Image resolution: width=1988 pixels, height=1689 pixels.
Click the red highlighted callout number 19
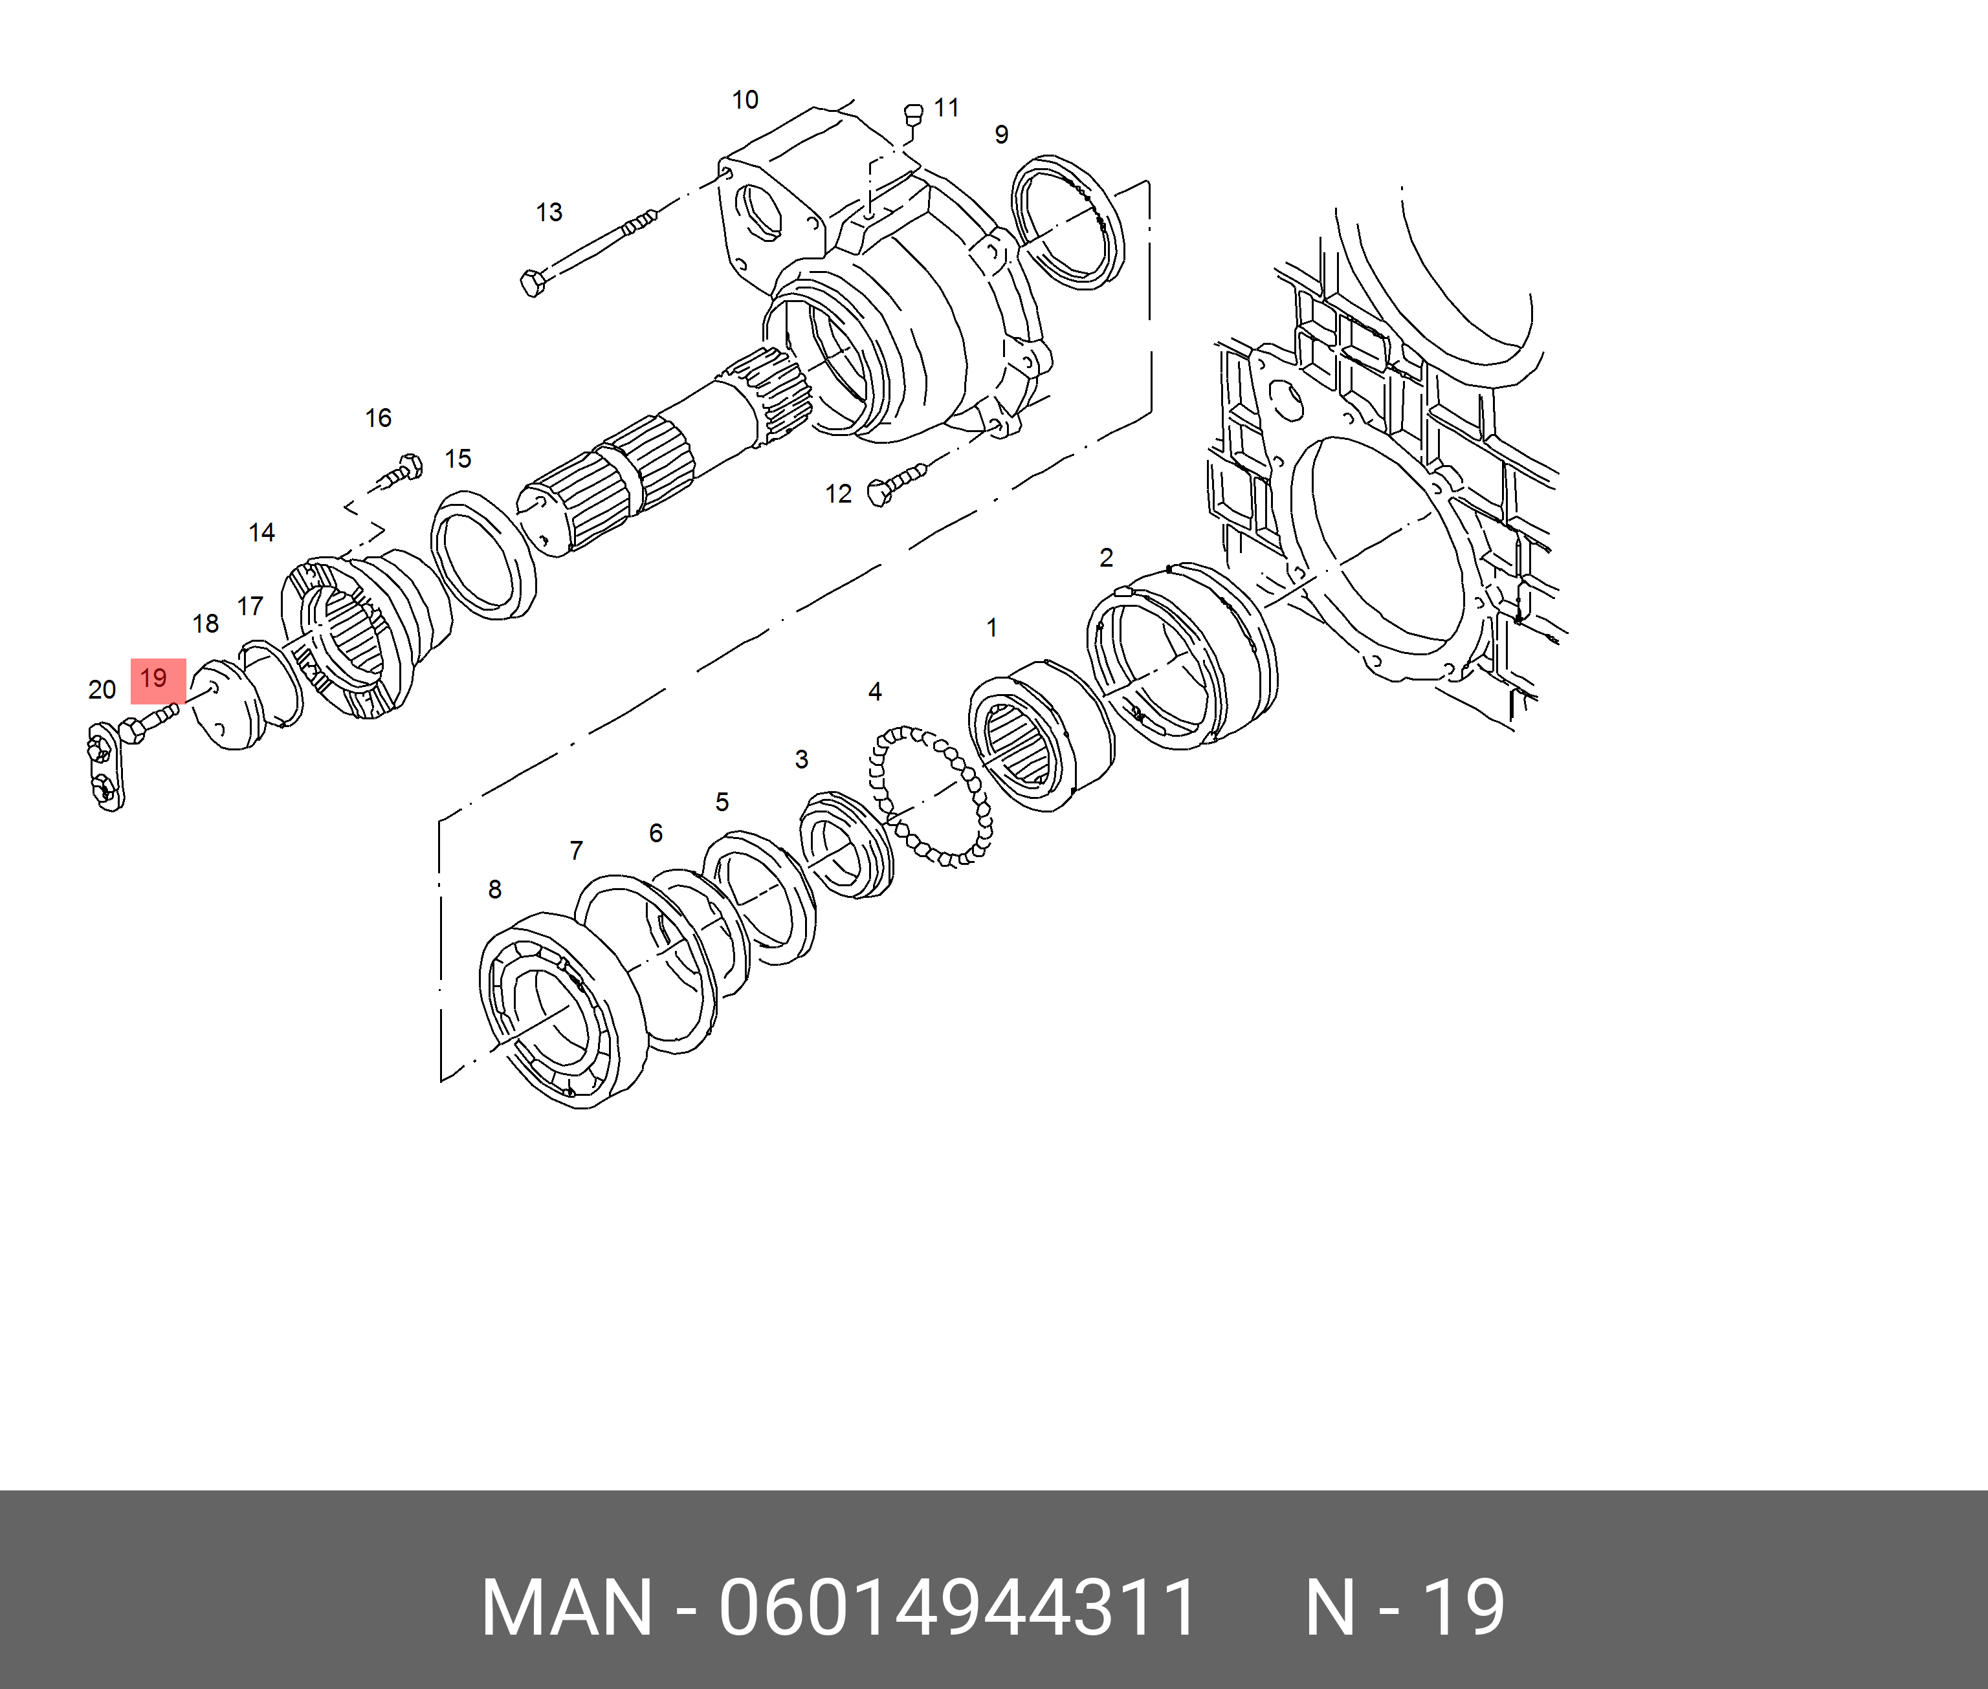coord(154,679)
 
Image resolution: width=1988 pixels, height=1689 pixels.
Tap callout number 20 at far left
coord(102,690)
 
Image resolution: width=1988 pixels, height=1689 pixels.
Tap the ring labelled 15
coord(483,554)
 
